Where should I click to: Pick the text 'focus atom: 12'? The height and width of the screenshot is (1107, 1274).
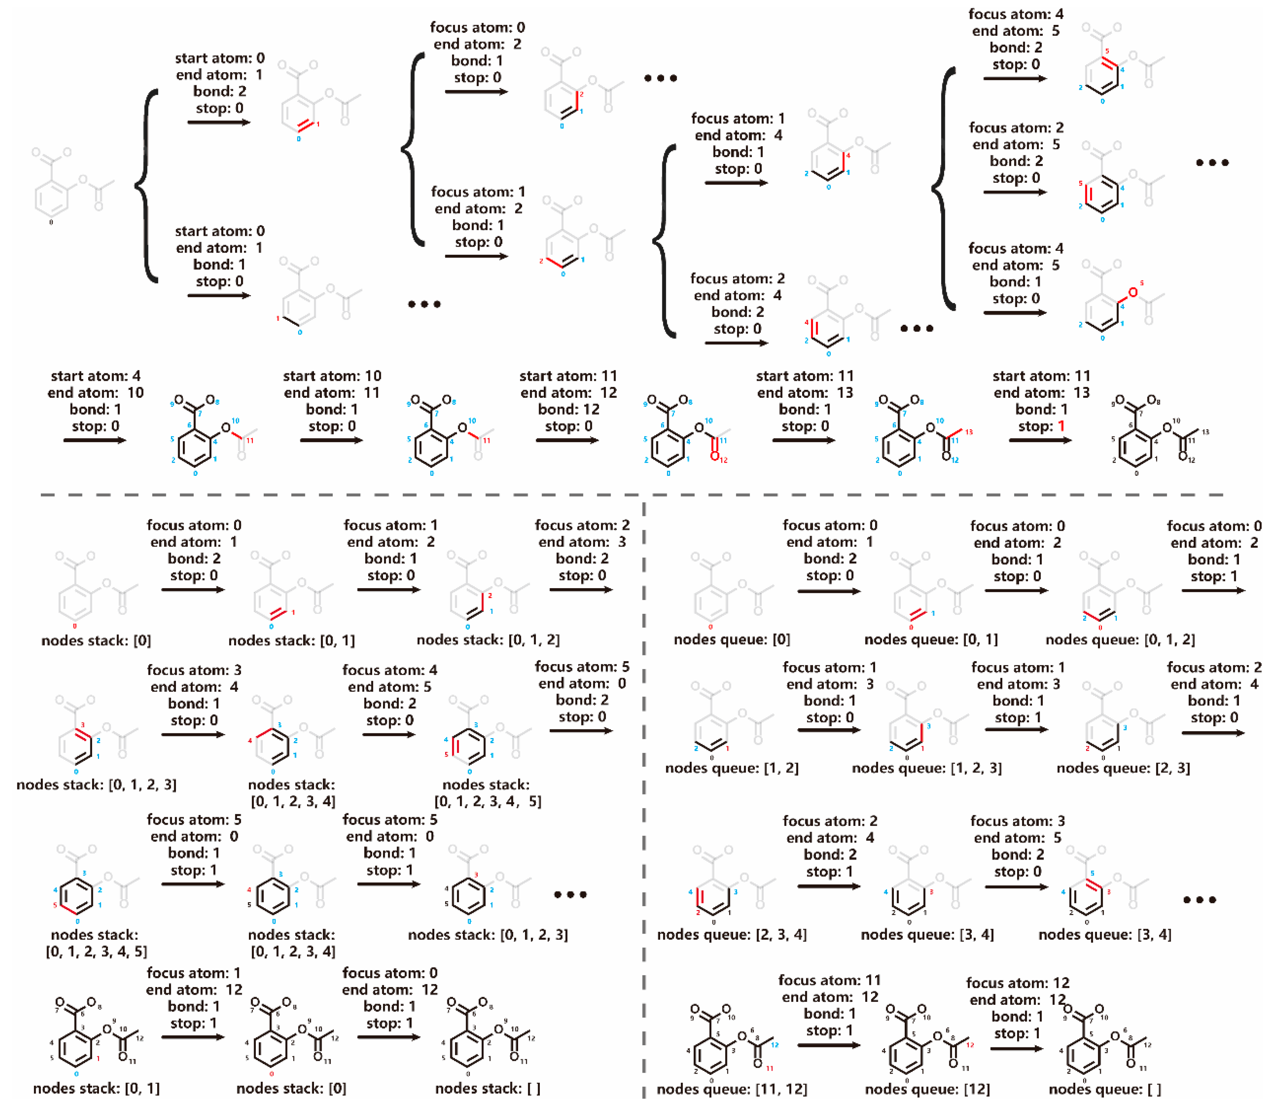click(x=1017, y=982)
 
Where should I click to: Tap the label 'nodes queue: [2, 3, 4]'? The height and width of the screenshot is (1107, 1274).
click(x=732, y=935)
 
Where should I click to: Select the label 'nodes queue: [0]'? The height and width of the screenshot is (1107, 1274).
click(x=732, y=639)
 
